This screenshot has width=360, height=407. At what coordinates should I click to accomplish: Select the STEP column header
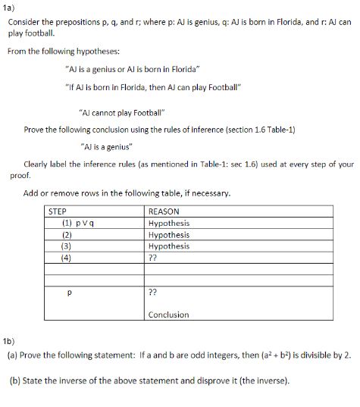coord(58,211)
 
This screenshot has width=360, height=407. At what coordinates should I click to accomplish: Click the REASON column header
coord(164,211)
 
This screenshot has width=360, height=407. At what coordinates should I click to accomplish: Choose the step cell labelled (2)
coord(67,235)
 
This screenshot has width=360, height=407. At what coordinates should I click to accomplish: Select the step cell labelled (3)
coord(67,246)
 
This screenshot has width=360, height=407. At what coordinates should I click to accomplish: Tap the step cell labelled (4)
coord(67,256)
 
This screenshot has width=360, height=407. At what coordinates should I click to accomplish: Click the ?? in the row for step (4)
coord(153,256)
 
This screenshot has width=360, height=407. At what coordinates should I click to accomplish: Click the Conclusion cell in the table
coord(168,315)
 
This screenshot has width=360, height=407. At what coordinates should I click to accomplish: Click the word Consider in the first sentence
coord(23,21)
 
